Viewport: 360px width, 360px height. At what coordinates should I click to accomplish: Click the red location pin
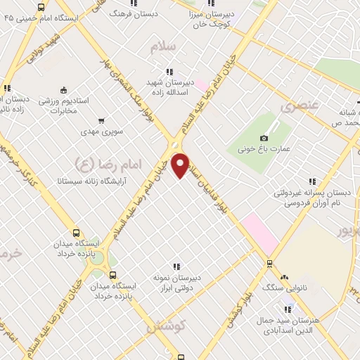coord(181,165)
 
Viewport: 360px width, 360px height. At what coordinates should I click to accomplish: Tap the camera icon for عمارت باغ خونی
coord(264,138)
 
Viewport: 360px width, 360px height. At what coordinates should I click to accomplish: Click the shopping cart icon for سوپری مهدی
coord(102,120)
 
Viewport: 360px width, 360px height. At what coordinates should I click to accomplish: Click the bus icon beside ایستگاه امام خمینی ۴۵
coord(40,8)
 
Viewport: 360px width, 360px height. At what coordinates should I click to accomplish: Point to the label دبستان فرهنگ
coord(156,13)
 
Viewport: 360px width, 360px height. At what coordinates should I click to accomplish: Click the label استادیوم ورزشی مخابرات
coord(70,105)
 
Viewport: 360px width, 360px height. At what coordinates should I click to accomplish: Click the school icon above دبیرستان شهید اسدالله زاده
coord(169,72)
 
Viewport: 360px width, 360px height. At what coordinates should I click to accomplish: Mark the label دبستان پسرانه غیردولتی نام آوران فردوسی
coord(307,198)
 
